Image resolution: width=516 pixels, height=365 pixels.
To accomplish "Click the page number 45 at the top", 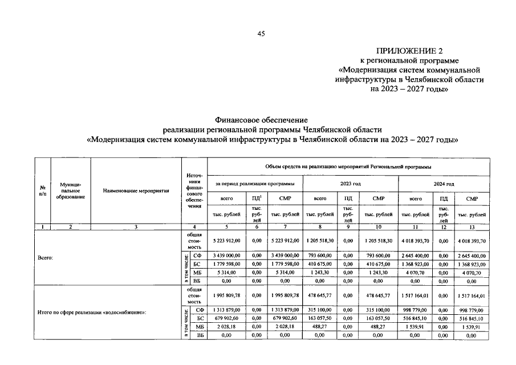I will (x=261, y=34).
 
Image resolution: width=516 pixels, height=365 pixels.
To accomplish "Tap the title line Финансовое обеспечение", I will (x=261, y=120).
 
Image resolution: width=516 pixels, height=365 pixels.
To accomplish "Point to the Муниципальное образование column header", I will (x=71, y=190).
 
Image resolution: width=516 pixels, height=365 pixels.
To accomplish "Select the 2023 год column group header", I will (x=350, y=184).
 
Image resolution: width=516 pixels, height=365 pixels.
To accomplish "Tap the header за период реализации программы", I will (x=255, y=184).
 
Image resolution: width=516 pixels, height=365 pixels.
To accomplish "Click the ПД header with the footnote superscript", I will (x=256, y=198).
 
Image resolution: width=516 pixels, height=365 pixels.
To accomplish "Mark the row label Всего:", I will (x=47, y=258).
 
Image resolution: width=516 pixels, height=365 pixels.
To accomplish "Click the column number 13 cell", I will (x=472, y=226).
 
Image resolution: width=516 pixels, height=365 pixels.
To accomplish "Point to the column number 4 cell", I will (x=194, y=226).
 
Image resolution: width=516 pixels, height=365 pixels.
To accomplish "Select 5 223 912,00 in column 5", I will (x=226, y=241).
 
